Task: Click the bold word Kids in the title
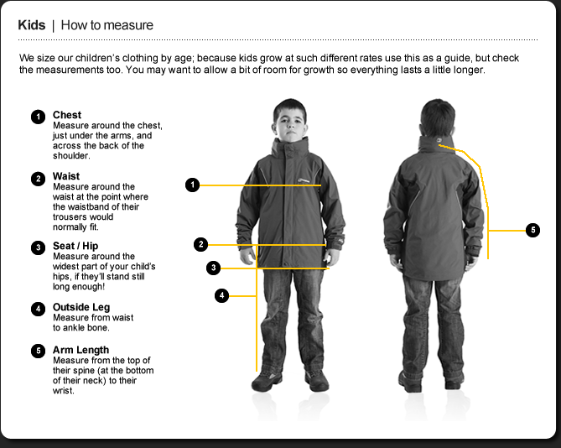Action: [32, 25]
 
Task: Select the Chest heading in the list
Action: [67, 115]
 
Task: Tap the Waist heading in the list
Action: [66, 176]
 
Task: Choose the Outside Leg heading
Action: [81, 307]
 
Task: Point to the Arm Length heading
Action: [80, 350]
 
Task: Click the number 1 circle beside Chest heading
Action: [38, 117]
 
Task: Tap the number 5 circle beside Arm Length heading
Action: [38, 352]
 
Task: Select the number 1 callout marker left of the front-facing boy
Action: [193, 185]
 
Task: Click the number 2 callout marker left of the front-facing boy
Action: [200, 245]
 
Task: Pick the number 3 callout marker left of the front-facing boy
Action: [214, 268]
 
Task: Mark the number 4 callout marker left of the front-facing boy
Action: [221, 295]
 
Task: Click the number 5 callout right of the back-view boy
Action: [532, 230]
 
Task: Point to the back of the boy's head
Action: [437, 117]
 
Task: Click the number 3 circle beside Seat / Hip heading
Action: [38, 247]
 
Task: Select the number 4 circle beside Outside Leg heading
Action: [38, 309]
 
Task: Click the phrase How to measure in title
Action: [107, 25]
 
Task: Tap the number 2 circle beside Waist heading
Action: [38, 178]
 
